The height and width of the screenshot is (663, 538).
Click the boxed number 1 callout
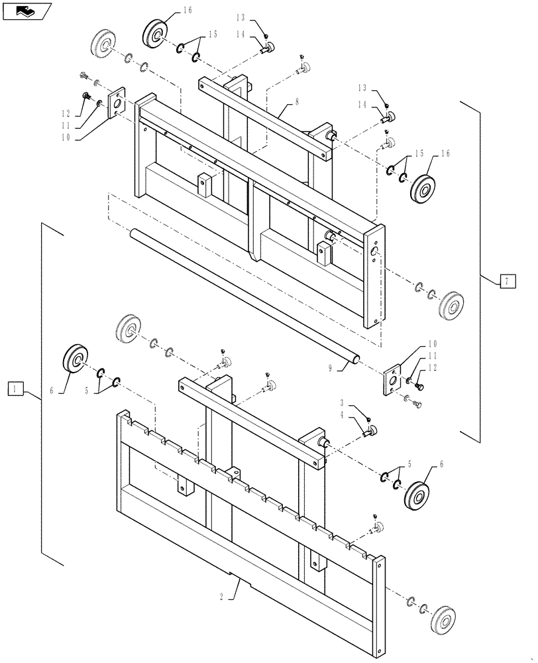(17, 389)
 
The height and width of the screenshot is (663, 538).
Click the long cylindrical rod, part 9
(244, 295)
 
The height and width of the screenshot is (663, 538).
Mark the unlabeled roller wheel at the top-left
(103, 46)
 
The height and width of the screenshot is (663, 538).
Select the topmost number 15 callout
(212, 34)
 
